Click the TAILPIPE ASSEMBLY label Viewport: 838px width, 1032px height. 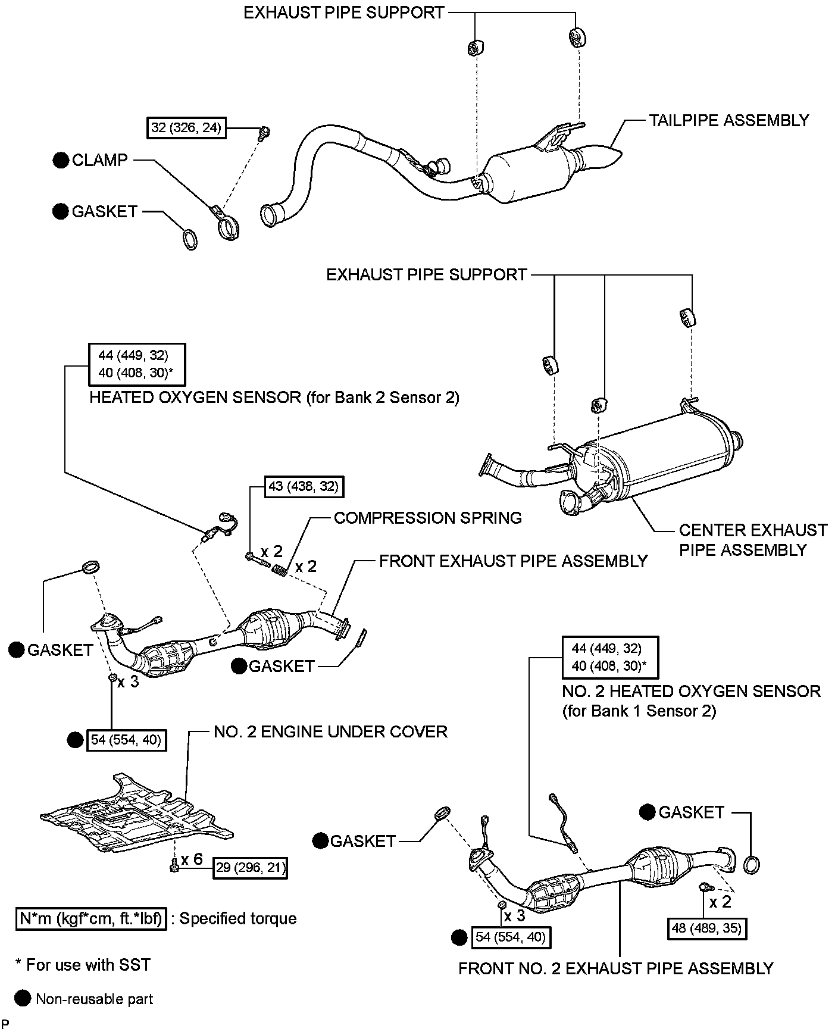coord(728,120)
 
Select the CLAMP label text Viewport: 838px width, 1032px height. coord(99,160)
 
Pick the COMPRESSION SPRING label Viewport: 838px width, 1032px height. coord(427,518)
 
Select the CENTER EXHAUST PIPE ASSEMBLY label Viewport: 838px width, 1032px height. coord(753,540)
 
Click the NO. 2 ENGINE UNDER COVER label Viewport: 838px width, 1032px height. coord(330,731)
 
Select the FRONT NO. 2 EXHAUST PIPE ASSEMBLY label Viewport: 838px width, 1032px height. coord(615,968)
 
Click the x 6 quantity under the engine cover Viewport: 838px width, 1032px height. coord(192,859)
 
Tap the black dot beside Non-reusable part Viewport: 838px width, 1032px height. coord(23,998)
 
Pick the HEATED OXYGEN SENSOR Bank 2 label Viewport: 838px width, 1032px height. coord(274,398)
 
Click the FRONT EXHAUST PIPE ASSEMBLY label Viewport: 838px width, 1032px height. coord(513,561)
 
